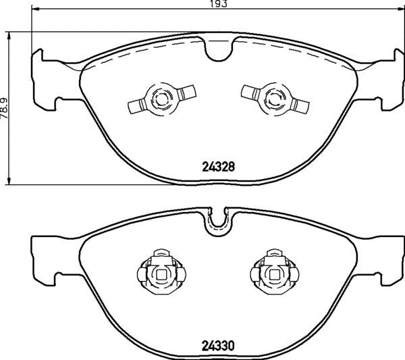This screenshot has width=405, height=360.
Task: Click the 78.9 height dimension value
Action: coord(5,107)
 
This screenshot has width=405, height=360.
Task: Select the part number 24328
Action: coord(218,165)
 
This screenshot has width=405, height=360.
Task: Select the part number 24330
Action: coord(218,344)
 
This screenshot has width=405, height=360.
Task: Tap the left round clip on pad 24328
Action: coord(162,99)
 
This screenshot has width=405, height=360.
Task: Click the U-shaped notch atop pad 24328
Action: coord(219,49)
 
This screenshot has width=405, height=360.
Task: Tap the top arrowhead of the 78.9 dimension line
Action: coord(9,34)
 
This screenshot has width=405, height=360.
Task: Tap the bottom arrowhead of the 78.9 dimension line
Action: coord(9,181)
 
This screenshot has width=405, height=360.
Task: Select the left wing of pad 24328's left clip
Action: coord(137,105)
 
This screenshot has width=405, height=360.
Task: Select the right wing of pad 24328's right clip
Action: coord(301,105)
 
